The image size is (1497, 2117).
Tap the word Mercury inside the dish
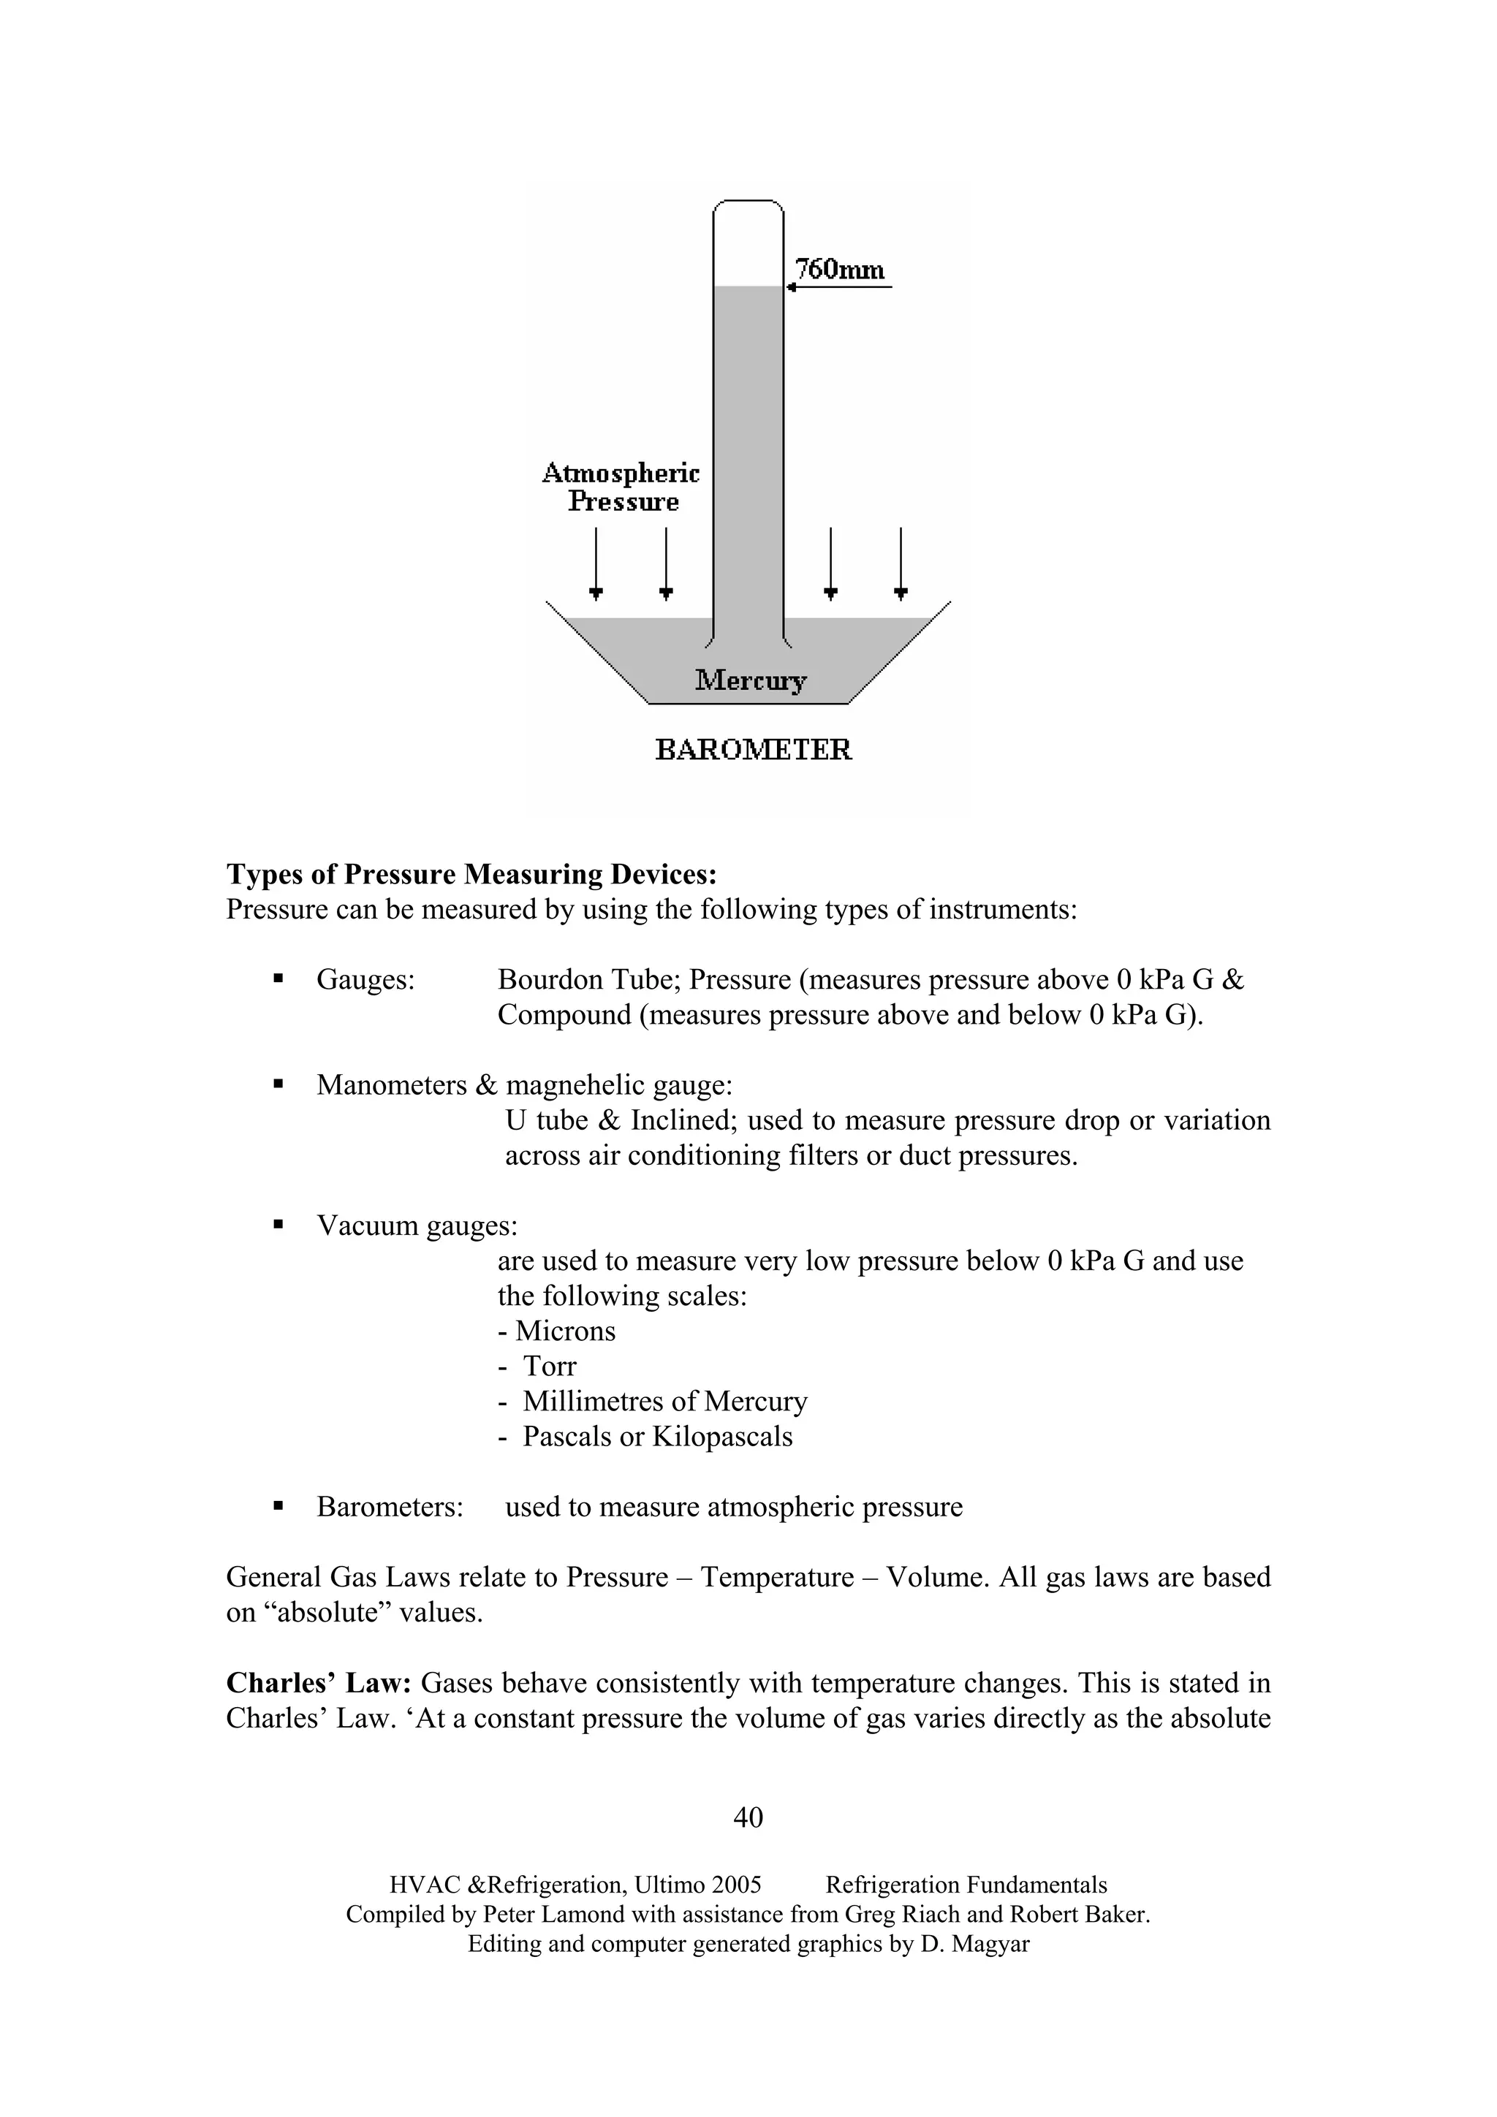(x=750, y=680)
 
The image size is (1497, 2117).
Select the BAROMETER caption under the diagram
(x=753, y=750)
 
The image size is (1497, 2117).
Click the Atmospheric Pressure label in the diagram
(x=621, y=487)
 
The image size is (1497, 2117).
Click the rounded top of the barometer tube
(x=748, y=205)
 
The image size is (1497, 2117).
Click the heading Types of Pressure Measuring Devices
(x=471, y=874)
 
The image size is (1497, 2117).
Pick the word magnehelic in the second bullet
(x=578, y=1085)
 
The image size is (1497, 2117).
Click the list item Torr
(x=549, y=1366)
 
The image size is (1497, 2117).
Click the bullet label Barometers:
(x=390, y=1507)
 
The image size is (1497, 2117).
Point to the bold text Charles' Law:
(x=318, y=1683)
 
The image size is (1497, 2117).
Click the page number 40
(x=748, y=1817)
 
